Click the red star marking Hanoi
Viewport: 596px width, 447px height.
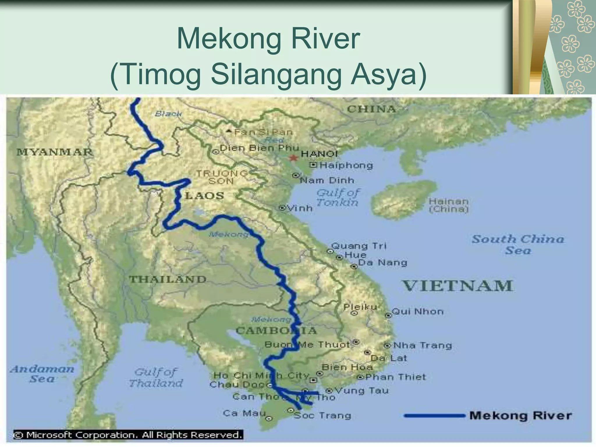tap(294, 158)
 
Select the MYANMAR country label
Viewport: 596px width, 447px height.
tap(54, 152)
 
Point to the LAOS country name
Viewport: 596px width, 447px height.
tap(205, 196)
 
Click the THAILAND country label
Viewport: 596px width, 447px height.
tap(168, 279)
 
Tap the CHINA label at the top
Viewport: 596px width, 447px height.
tap(372, 109)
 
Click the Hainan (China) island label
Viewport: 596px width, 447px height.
tap(448, 205)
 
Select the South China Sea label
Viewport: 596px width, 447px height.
tap(518, 244)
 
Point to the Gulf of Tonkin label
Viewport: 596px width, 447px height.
tap(338, 197)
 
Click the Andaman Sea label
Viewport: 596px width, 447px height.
tap(42, 374)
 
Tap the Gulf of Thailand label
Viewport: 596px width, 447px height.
tap(156, 377)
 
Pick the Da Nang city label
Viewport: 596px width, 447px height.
tap(382, 262)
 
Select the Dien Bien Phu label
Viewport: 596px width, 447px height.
tap(259, 148)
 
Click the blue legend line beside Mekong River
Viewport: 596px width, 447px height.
tap(434, 416)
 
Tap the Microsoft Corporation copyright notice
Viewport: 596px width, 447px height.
tap(128, 435)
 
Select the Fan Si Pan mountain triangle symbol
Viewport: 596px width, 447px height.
tap(229, 132)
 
